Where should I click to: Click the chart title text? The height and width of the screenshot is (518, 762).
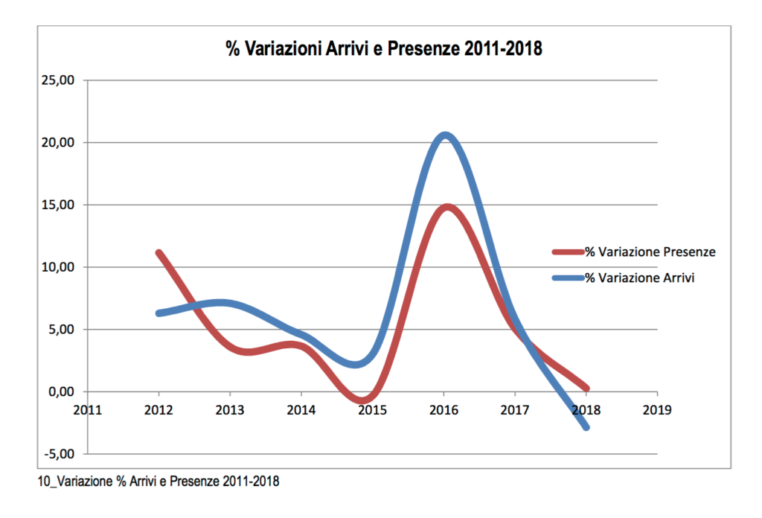385,50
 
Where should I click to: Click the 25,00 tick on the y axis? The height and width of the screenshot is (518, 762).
58,80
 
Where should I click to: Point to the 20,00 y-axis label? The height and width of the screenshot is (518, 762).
58,143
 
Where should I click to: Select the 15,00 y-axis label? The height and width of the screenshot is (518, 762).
58,205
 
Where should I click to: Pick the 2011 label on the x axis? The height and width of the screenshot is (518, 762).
87,409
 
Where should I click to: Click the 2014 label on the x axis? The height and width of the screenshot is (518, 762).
301,409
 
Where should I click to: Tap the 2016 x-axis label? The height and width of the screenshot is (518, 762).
444,409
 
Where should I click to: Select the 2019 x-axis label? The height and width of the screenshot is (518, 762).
657,409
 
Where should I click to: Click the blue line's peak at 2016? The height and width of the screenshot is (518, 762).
445,135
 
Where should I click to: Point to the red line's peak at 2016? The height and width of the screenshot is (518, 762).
445,207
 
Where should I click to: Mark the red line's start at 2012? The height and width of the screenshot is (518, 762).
159,253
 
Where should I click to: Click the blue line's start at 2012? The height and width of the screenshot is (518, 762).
159,313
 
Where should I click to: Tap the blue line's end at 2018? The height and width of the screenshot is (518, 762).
586,427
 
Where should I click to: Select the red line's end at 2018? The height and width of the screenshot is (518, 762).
586,388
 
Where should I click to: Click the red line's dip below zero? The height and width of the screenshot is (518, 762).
362,400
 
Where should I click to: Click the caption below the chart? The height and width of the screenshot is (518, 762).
158,482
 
